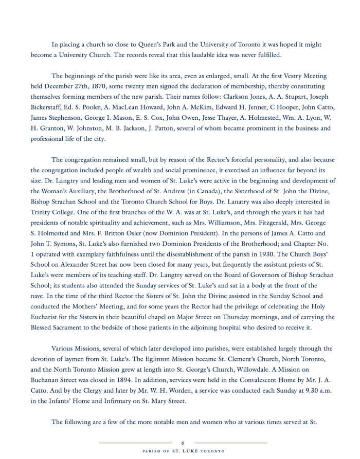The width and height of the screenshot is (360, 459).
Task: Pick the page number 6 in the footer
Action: (183, 443)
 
